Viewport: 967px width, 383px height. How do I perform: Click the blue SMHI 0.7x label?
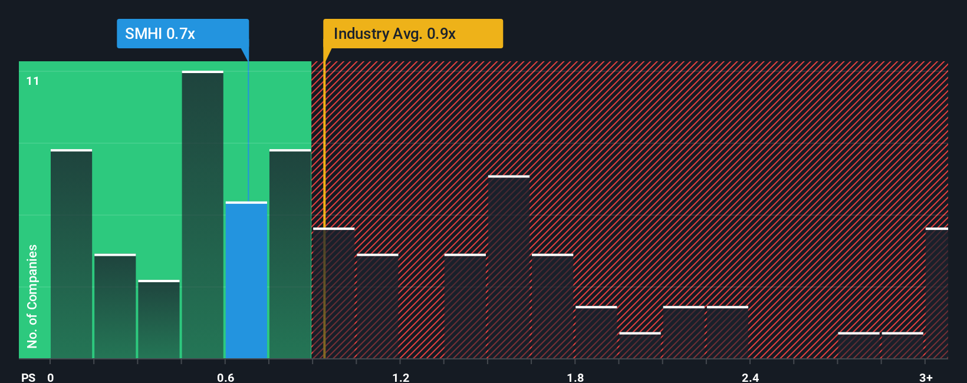(182, 34)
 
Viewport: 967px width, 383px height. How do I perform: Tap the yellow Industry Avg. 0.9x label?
(413, 34)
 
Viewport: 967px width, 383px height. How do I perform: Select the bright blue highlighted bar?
(246, 280)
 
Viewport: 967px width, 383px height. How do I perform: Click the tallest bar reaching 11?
(202, 215)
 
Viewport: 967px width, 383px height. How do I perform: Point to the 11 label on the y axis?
(33, 81)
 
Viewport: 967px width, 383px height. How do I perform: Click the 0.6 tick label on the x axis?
(225, 377)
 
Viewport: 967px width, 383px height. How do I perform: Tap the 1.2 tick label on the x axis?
(401, 377)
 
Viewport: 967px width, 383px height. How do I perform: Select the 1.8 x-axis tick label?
(575, 377)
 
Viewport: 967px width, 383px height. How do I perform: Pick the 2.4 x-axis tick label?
(750, 377)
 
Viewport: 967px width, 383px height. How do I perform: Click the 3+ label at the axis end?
(926, 377)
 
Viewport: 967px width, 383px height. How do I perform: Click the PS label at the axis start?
(28, 377)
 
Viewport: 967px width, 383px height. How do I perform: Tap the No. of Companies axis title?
(32, 296)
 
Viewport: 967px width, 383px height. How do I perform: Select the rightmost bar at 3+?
(936, 293)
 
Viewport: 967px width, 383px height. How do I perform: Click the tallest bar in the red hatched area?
(509, 267)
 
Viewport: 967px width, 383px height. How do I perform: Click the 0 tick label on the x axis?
(51, 377)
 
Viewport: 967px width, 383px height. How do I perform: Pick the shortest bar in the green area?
(159, 319)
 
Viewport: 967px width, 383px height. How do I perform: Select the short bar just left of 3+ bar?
(902, 346)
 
